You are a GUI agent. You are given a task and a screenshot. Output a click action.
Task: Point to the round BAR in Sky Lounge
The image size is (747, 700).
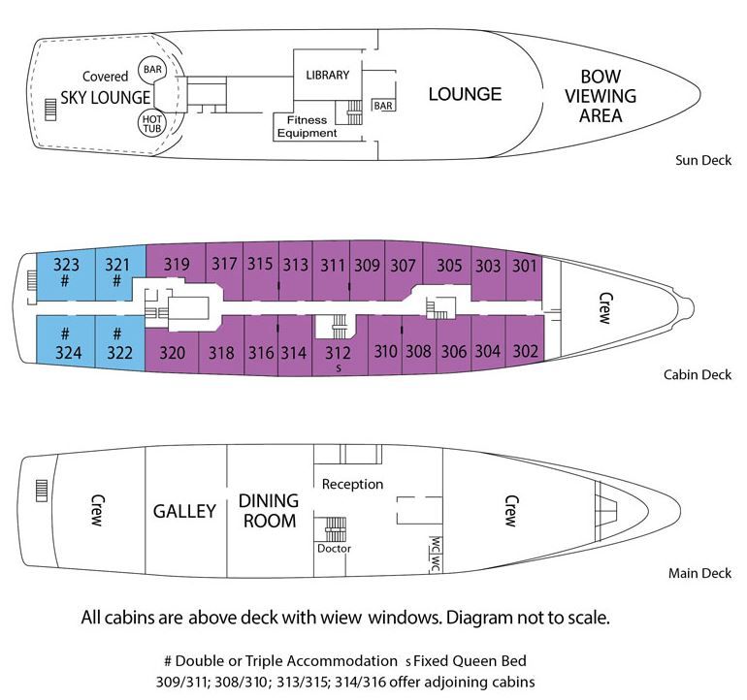point(152,69)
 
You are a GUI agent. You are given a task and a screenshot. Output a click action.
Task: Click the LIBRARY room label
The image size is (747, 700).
point(327,75)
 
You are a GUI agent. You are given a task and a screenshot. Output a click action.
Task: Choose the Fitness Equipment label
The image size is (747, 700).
point(307,126)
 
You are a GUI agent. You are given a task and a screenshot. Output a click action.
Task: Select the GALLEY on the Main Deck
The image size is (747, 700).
point(184,511)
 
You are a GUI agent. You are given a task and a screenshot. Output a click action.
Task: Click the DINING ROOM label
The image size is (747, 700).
point(267,511)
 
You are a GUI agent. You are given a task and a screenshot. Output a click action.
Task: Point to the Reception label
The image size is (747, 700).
point(352,483)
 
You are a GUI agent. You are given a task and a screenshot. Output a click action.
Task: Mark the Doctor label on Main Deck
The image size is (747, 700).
point(334,548)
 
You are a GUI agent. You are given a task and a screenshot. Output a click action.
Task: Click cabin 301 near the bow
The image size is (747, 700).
point(525,265)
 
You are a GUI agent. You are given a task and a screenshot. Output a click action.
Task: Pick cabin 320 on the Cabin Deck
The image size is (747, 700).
point(171,353)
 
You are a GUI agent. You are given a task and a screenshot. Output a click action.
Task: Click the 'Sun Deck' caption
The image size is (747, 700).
point(701,161)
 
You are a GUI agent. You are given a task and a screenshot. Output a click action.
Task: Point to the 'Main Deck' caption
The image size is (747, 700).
point(699,573)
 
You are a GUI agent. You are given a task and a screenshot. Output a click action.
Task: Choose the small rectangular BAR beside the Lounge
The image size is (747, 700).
point(383,105)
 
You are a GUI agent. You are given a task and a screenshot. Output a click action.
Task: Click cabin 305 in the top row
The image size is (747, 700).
point(449,265)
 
